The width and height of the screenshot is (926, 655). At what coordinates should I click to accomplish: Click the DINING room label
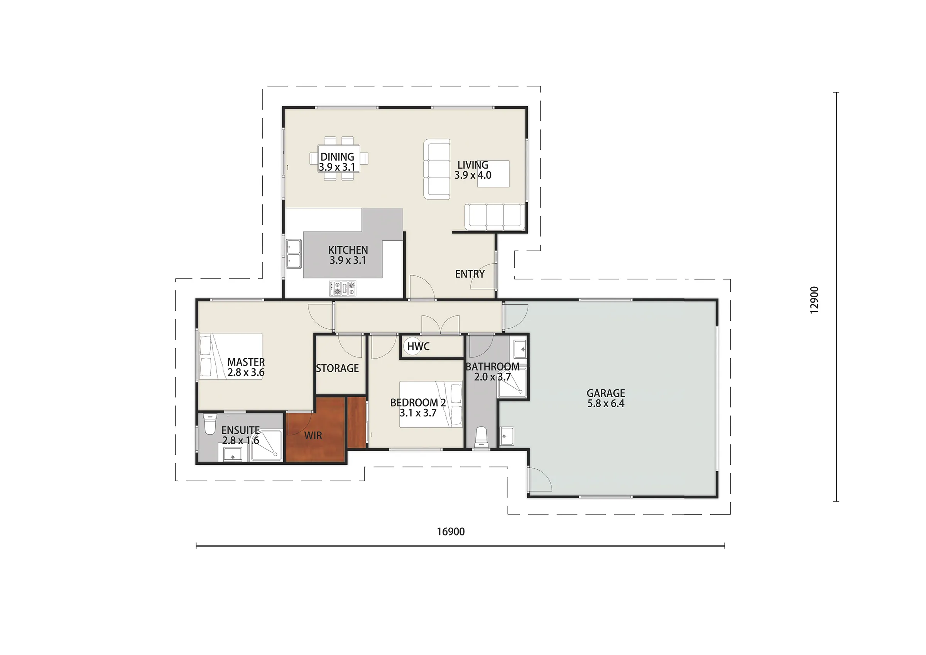point(337,157)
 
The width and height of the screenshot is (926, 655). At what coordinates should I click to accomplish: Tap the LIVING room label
point(473,165)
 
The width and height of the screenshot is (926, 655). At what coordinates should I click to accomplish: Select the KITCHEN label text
point(348,250)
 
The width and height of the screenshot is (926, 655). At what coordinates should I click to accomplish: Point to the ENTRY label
point(470,274)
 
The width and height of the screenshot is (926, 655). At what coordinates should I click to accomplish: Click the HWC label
point(418,346)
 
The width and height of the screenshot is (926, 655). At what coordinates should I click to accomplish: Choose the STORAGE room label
point(337,368)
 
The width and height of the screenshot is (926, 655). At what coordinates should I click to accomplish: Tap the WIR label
point(313,436)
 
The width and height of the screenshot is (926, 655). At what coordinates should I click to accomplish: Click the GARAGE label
point(606,393)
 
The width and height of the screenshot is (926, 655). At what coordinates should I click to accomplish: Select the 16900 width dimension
point(451,531)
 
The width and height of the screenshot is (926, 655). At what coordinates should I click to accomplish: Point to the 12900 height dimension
point(814,300)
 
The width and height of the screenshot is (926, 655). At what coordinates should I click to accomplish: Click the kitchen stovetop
point(342,288)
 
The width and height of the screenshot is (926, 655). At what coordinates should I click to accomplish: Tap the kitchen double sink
point(294,254)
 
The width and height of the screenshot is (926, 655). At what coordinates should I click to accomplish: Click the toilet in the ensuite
point(210,423)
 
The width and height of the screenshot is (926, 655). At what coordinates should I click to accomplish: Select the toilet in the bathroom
point(482,438)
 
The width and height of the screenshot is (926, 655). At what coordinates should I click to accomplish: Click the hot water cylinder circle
point(412,346)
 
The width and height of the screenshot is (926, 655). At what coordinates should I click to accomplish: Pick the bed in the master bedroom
point(231,356)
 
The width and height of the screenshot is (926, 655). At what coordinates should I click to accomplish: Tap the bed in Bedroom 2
point(431,405)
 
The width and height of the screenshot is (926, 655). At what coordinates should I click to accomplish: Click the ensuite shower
point(266,446)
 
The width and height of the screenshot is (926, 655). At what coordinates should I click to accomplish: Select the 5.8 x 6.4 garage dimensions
point(606,404)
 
